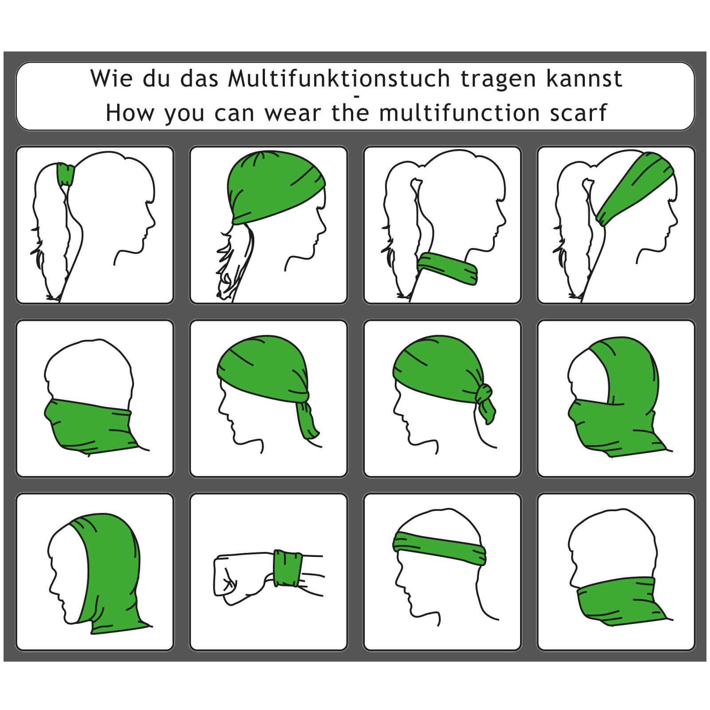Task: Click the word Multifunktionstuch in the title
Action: (x=339, y=79)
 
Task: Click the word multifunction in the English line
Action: (x=459, y=112)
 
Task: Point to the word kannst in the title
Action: (x=584, y=79)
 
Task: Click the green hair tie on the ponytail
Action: (x=66, y=174)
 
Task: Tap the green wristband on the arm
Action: (x=288, y=568)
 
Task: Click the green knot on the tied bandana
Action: (x=485, y=402)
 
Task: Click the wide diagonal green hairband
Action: (x=635, y=187)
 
